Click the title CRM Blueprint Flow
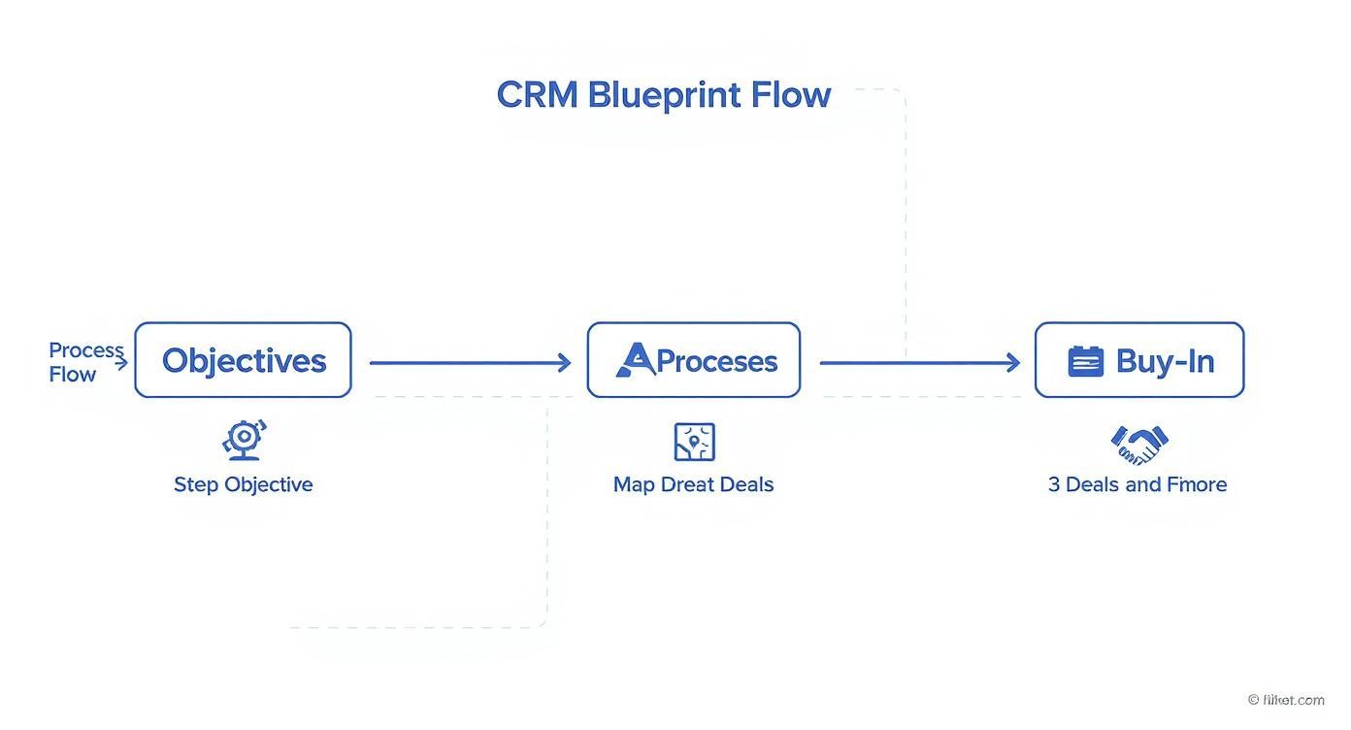[x=663, y=95]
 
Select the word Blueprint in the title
[x=665, y=95]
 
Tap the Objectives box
[x=243, y=360]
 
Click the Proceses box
[x=693, y=360]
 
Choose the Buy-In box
[x=1138, y=360]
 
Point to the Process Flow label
[x=85, y=362]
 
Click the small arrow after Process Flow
[x=120, y=364]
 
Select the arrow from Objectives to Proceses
[x=470, y=363]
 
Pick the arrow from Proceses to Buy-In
[x=919, y=363]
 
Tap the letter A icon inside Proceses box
[x=636, y=360]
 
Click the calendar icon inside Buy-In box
[x=1085, y=361]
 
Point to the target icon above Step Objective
[x=244, y=440]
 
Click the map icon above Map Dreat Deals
[x=694, y=442]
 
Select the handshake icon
[x=1138, y=444]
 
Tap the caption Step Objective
[x=243, y=484]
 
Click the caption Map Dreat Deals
[x=693, y=484]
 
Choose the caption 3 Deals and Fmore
[x=1137, y=484]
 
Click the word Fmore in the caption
[x=1197, y=484]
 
